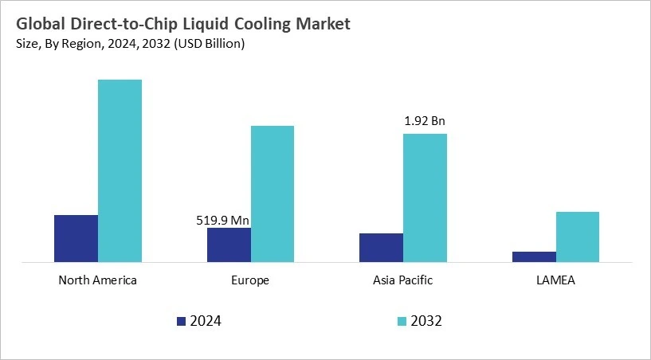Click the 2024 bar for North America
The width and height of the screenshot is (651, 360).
[x=76, y=238]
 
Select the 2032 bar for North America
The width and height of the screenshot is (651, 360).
[x=120, y=170]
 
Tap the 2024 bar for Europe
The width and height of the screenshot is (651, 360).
[x=229, y=245]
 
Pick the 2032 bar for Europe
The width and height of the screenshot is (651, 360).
[x=273, y=194]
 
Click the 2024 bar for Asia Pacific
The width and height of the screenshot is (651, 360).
[x=381, y=247]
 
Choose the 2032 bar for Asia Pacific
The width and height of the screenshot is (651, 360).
[x=425, y=198]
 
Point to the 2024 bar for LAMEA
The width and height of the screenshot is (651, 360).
[x=534, y=256]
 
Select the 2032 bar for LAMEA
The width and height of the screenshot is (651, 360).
[x=578, y=237]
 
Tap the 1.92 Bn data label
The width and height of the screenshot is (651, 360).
[x=425, y=122]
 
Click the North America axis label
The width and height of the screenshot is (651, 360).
[x=98, y=280]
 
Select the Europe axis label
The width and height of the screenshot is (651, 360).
[x=251, y=280]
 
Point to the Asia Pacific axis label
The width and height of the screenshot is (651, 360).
[x=403, y=280]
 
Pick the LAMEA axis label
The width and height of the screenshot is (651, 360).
[x=556, y=280]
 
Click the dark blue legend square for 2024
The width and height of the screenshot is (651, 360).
[x=181, y=321]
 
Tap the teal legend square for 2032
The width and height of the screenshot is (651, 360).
[x=402, y=321]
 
